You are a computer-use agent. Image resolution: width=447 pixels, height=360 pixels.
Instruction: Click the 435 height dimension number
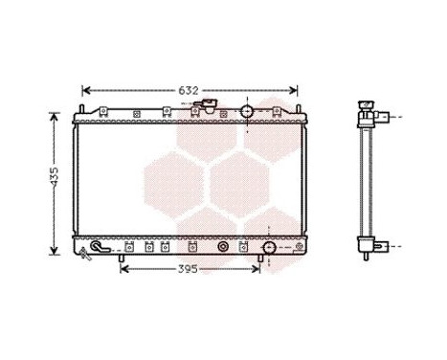coord(55,179)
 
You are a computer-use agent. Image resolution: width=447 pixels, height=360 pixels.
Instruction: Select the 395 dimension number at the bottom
coord(189,269)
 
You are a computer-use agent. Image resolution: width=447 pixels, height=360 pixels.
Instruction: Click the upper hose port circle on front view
coord(247,112)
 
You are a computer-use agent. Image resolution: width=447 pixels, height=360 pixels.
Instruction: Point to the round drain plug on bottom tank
coord(223,247)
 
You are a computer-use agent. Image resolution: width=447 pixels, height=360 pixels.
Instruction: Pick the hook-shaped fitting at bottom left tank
coord(93,252)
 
